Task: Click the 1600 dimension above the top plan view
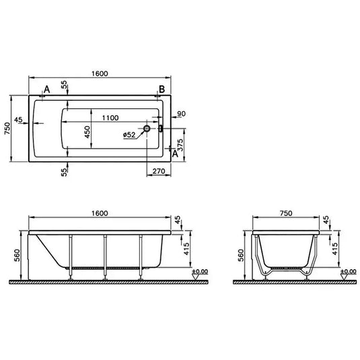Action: click(98, 73)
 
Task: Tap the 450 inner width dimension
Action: click(87, 133)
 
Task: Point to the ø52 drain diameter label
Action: click(131, 135)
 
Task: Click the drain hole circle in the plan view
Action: click(147, 127)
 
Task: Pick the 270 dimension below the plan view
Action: click(159, 172)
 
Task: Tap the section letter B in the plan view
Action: click(161, 90)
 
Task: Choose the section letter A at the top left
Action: click(46, 90)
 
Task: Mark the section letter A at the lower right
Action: click(176, 154)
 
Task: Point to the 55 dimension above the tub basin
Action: click(65, 85)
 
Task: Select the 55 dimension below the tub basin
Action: click(65, 172)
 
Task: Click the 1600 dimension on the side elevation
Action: click(98, 213)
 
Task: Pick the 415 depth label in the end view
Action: click(332, 250)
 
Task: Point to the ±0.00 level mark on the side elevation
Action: click(199, 271)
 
